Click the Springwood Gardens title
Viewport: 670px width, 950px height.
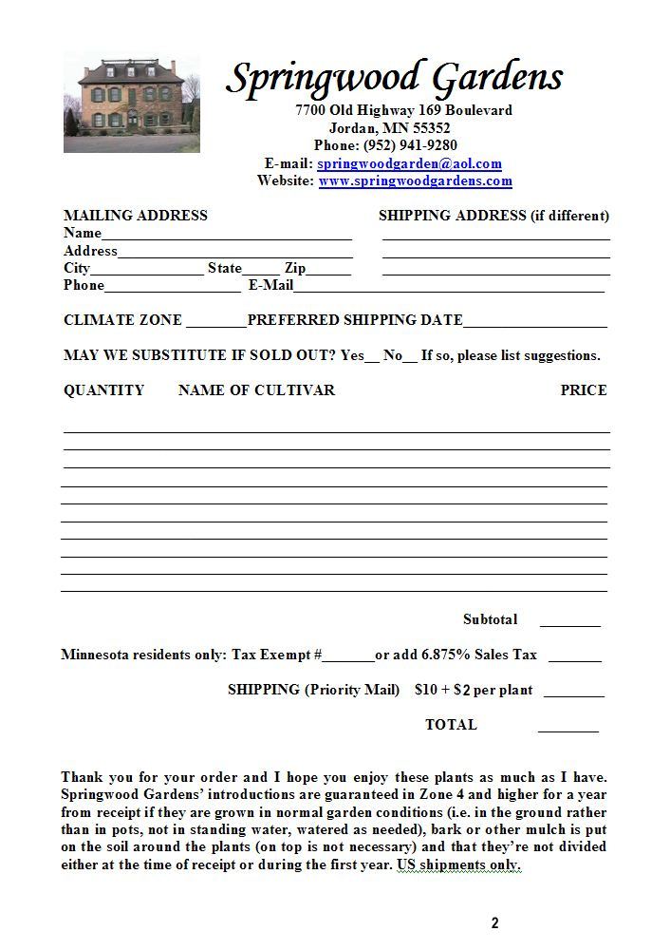pyautogui.click(x=394, y=78)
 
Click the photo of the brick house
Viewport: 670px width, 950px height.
pyautogui.click(x=131, y=104)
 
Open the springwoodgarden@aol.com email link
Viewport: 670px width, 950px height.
pyautogui.click(x=409, y=163)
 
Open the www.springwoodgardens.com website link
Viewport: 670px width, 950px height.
pyautogui.click(x=415, y=180)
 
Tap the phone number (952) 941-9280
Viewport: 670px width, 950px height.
pyautogui.click(x=410, y=145)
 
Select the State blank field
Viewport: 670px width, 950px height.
pyautogui.click(x=261, y=270)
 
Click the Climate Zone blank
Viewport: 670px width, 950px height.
pyautogui.click(x=216, y=322)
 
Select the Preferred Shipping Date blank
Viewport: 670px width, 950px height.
pyautogui.click(x=534, y=322)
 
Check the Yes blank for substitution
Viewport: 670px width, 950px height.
pyautogui.click(x=372, y=357)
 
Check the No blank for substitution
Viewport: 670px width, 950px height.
pyautogui.click(x=410, y=357)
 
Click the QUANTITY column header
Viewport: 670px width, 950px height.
pyautogui.click(x=103, y=390)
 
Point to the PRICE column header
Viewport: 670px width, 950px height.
pyautogui.click(x=583, y=390)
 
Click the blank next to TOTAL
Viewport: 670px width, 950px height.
pyautogui.click(x=568, y=728)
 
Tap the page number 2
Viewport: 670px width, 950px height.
pyautogui.click(x=494, y=922)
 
